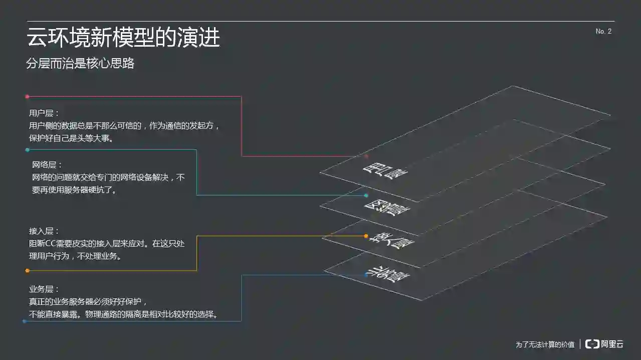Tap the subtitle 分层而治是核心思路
point(80,64)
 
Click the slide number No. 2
point(603,31)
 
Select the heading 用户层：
point(45,113)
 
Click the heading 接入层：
point(45,231)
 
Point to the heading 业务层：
point(45,289)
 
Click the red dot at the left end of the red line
point(27,96)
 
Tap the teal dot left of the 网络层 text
point(27,149)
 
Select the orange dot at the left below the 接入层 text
point(27,271)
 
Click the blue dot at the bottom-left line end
point(24,321)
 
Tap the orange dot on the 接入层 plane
point(366,236)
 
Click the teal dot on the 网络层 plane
point(366,196)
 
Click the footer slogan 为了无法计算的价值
point(545,344)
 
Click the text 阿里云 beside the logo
point(612,344)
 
